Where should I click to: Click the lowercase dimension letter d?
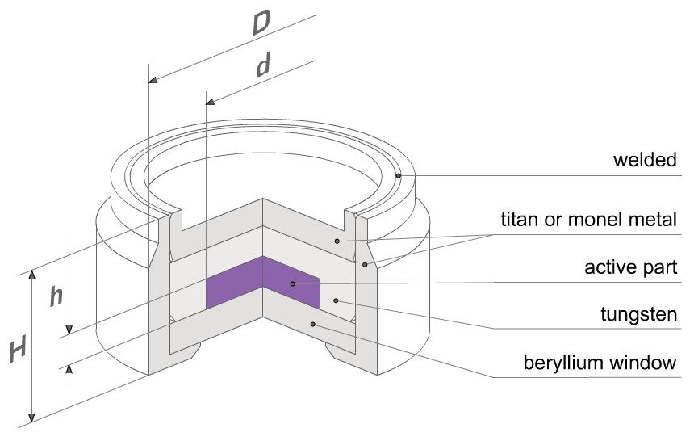[x=264, y=65]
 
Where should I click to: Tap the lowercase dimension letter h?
[x=56, y=296]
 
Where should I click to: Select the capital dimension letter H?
[x=18, y=349]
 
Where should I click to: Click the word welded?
[x=645, y=160]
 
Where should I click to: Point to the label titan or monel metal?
[x=588, y=219]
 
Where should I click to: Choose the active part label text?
[x=631, y=267]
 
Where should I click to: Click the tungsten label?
[x=638, y=314]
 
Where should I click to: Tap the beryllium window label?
[x=600, y=362]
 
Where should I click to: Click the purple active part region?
[x=263, y=283]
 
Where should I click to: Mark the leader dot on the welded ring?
[x=399, y=176]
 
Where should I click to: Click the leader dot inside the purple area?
[x=293, y=283]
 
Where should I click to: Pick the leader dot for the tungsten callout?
[x=336, y=301]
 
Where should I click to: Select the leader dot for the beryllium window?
[x=313, y=325]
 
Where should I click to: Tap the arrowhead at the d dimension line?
[x=211, y=102]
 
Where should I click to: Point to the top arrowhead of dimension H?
[x=31, y=275]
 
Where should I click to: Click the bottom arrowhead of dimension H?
[x=31, y=418]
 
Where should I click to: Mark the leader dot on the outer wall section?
[x=365, y=265]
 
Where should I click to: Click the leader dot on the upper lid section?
[x=337, y=241]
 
